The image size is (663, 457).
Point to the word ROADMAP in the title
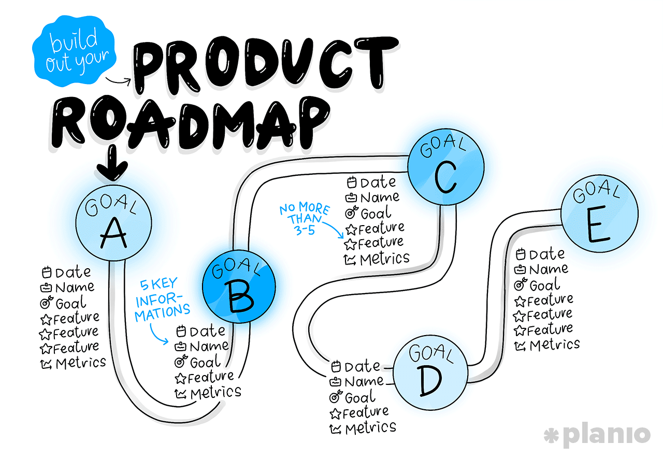tap(192, 122)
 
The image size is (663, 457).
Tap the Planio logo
tap(597, 435)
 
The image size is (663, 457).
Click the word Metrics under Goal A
tap(80, 363)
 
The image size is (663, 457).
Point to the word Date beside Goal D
tap(362, 366)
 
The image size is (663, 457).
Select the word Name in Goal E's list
tap(549, 269)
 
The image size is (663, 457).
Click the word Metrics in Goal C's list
tap(384, 258)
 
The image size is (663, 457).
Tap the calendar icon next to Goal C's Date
tap(352, 183)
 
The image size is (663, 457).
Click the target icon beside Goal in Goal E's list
tap(520, 285)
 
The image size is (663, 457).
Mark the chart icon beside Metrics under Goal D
tap(336, 429)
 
